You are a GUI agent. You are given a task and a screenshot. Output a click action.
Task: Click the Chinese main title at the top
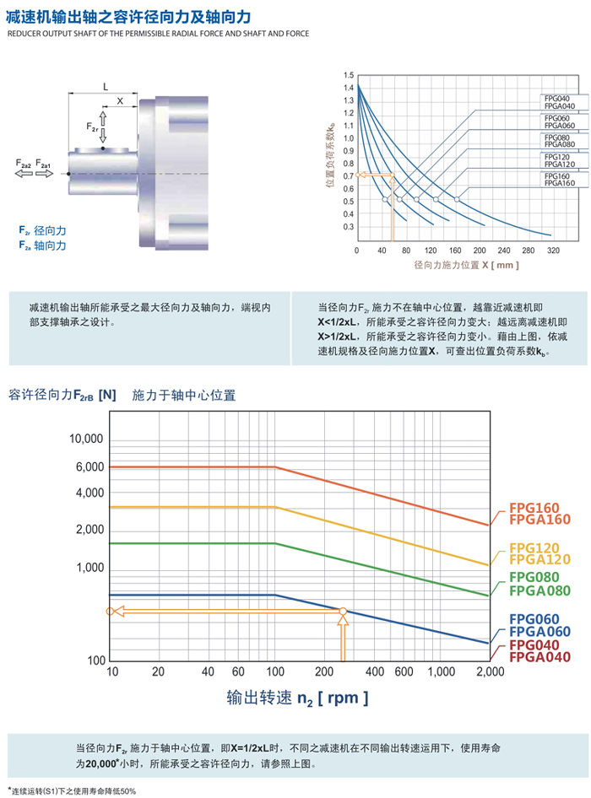[x=126, y=16]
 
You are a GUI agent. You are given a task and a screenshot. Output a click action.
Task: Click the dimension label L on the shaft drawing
[x=105, y=86]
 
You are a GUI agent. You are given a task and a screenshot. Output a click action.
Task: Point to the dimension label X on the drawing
[x=120, y=100]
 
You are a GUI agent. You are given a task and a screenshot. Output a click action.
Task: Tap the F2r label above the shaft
[x=93, y=127]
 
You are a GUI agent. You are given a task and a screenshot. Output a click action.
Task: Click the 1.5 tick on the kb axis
[x=348, y=74]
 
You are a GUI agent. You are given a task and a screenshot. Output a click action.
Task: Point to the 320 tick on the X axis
[x=553, y=251]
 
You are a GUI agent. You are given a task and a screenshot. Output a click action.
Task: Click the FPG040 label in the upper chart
[x=556, y=99]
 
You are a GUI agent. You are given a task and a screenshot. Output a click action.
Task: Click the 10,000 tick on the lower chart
[x=84, y=439]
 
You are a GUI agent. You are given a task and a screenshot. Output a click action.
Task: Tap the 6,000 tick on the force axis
[x=89, y=466]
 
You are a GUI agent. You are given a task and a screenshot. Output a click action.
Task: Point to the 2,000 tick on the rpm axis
[x=489, y=671]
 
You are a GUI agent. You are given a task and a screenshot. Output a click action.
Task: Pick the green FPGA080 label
[x=539, y=590]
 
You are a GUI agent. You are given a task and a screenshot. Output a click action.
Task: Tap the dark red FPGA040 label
[x=539, y=657]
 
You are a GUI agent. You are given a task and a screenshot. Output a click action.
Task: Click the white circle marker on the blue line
[x=343, y=611]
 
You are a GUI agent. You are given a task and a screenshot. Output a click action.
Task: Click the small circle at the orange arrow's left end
[x=109, y=611]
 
